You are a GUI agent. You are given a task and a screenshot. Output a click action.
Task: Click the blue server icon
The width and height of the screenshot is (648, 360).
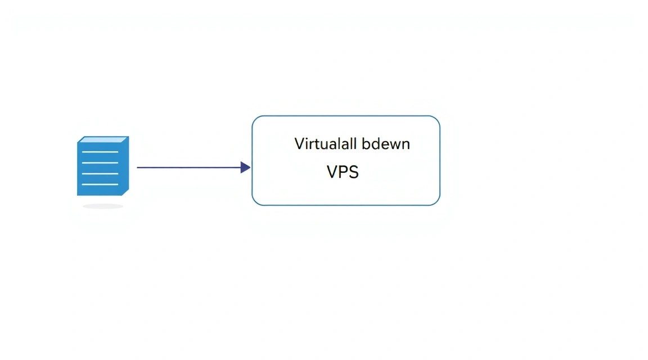pos(103,166)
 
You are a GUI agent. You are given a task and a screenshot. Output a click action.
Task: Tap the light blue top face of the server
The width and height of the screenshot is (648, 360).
pos(103,139)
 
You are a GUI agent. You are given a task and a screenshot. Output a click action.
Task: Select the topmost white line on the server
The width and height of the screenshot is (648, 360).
pos(100,152)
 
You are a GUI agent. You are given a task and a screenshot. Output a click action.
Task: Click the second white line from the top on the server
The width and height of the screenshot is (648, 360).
pos(100,163)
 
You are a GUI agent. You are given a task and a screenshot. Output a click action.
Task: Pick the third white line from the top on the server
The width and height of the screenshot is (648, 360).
pos(100,173)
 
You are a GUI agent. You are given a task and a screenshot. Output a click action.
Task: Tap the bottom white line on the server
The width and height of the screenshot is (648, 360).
pos(100,184)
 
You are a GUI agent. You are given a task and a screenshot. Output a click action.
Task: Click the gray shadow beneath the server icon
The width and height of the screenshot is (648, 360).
pos(103,206)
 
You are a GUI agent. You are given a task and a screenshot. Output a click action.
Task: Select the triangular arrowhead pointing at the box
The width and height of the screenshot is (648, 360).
pos(245,168)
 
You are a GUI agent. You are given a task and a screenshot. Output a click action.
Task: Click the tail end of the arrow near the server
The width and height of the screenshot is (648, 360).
pos(138,168)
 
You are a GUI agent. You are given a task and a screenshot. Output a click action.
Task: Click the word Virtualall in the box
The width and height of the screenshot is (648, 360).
pos(325,144)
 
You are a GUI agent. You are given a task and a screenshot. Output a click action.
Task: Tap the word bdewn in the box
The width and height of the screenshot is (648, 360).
pos(386,144)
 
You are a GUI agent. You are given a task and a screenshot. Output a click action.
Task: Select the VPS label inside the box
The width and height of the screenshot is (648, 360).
pos(343,172)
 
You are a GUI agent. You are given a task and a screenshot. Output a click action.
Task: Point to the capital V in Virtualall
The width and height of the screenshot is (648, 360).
pos(299,144)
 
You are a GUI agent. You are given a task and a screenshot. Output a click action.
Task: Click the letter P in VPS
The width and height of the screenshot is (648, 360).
pos(343,172)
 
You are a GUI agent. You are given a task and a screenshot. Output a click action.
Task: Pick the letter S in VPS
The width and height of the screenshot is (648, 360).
pos(354,172)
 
